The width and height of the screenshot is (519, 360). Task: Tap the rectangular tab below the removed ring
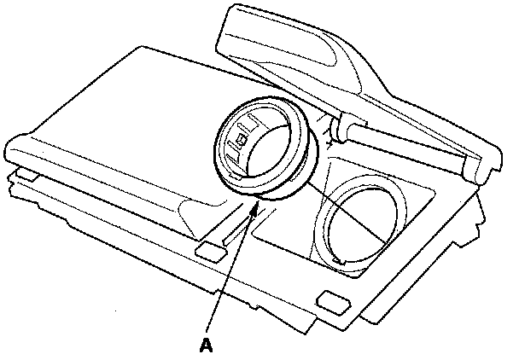pyautogui.click(x=208, y=248)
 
